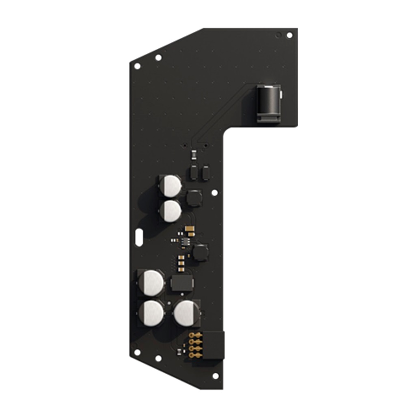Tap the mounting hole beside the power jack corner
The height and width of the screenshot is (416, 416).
pyautogui.click(x=289, y=35)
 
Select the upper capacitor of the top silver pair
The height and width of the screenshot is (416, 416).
pyautogui.click(x=170, y=186)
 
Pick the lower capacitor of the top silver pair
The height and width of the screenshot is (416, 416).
pyautogui.click(x=170, y=211)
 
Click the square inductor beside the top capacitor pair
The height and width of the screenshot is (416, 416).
pyautogui.click(x=194, y=198)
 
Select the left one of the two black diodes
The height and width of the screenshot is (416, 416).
pyautogui.click(x=194, y=173)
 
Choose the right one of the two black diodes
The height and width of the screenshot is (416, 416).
pyautogui.click(x=206, y=173)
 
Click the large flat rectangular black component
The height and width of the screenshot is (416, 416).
pyautogui.click(x=182, y=283)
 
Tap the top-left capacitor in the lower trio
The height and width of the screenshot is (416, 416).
pyautogui.click(x=151, y=282)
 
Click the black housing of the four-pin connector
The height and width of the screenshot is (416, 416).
pyautogui.click(x=214, y=345)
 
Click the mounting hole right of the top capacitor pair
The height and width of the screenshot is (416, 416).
pyautogui.click(x=214, y=193)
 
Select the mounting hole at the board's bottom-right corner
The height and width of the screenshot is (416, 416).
pyautogui.click(x=215, y=376)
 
